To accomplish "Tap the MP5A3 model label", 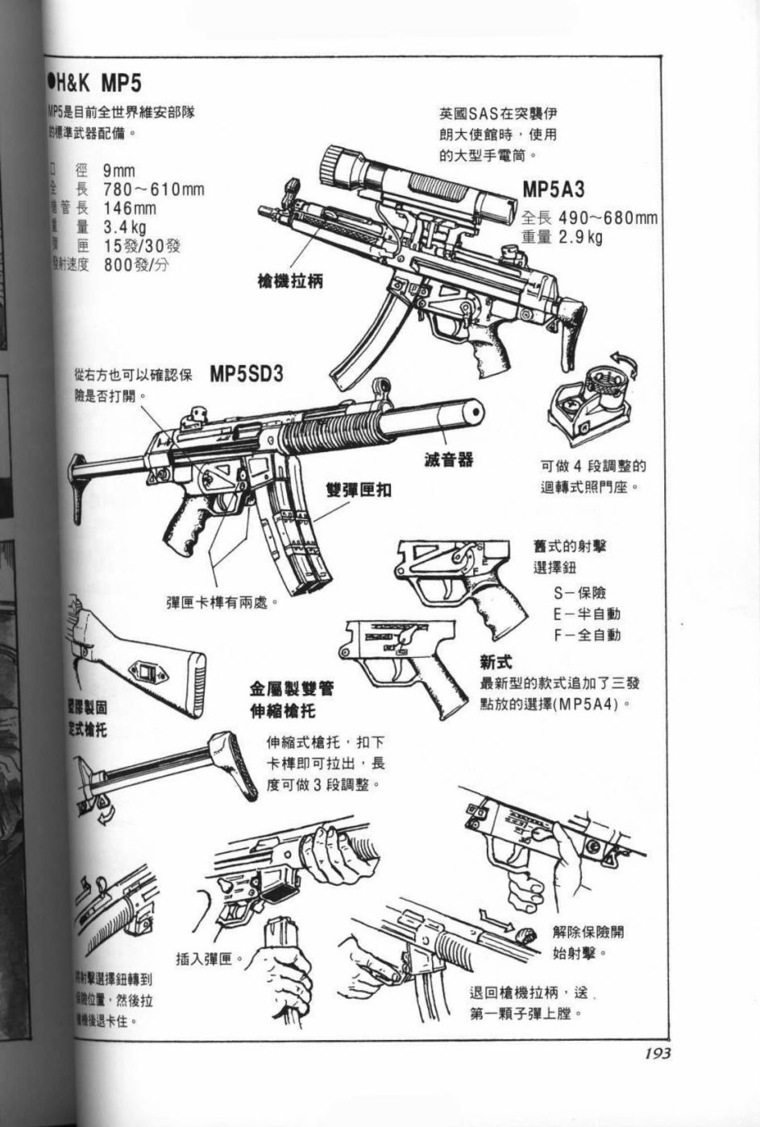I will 553,190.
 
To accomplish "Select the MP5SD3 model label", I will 247,375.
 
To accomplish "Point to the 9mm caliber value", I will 118,171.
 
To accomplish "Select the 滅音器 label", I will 449,460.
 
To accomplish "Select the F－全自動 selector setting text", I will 587,635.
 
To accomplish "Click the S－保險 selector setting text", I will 579,593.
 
